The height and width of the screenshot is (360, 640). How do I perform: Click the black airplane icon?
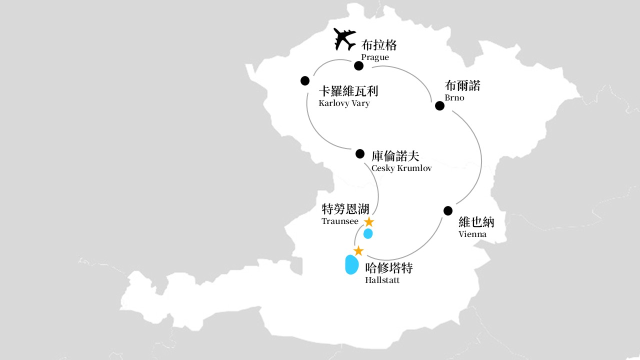click(x=344, y=39)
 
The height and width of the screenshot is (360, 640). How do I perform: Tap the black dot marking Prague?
click(x=358, y=66)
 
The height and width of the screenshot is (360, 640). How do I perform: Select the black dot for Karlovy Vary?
click(x=305, y=81)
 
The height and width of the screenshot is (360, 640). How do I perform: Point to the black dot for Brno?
click(x=439, y=105)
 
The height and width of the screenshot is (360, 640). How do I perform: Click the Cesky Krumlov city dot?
click(x=360, y=153)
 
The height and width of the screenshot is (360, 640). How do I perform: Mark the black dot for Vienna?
click(x=448, y=211)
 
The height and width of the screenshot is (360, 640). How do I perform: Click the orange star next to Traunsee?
click(x=369, y=221)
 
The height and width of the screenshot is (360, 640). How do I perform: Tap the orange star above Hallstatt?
click(x=358, y=251)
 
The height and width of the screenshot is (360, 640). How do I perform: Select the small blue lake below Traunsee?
click(x=368, y=233)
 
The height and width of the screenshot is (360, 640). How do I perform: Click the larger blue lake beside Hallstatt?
click(x=352, y=264)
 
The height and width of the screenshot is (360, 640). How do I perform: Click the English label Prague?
click(x=375, y=57)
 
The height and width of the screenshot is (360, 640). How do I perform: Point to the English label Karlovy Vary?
click(x=344, y=103)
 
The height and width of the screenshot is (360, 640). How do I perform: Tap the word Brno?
click(x=454, y=97)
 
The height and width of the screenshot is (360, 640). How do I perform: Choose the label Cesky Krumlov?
click(x=401, y=168)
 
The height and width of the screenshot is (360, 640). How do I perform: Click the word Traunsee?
click(x=340, y=221)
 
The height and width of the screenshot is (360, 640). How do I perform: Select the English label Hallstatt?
click(x=382, y=280)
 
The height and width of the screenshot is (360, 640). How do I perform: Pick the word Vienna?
click(x=472, y=234)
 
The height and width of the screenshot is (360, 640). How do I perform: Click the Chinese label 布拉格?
click(x=379, y=45)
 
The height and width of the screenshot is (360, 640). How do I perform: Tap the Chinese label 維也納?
click(x=476, y=222)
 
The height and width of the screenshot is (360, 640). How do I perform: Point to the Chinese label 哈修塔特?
click(x=389, y=268)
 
